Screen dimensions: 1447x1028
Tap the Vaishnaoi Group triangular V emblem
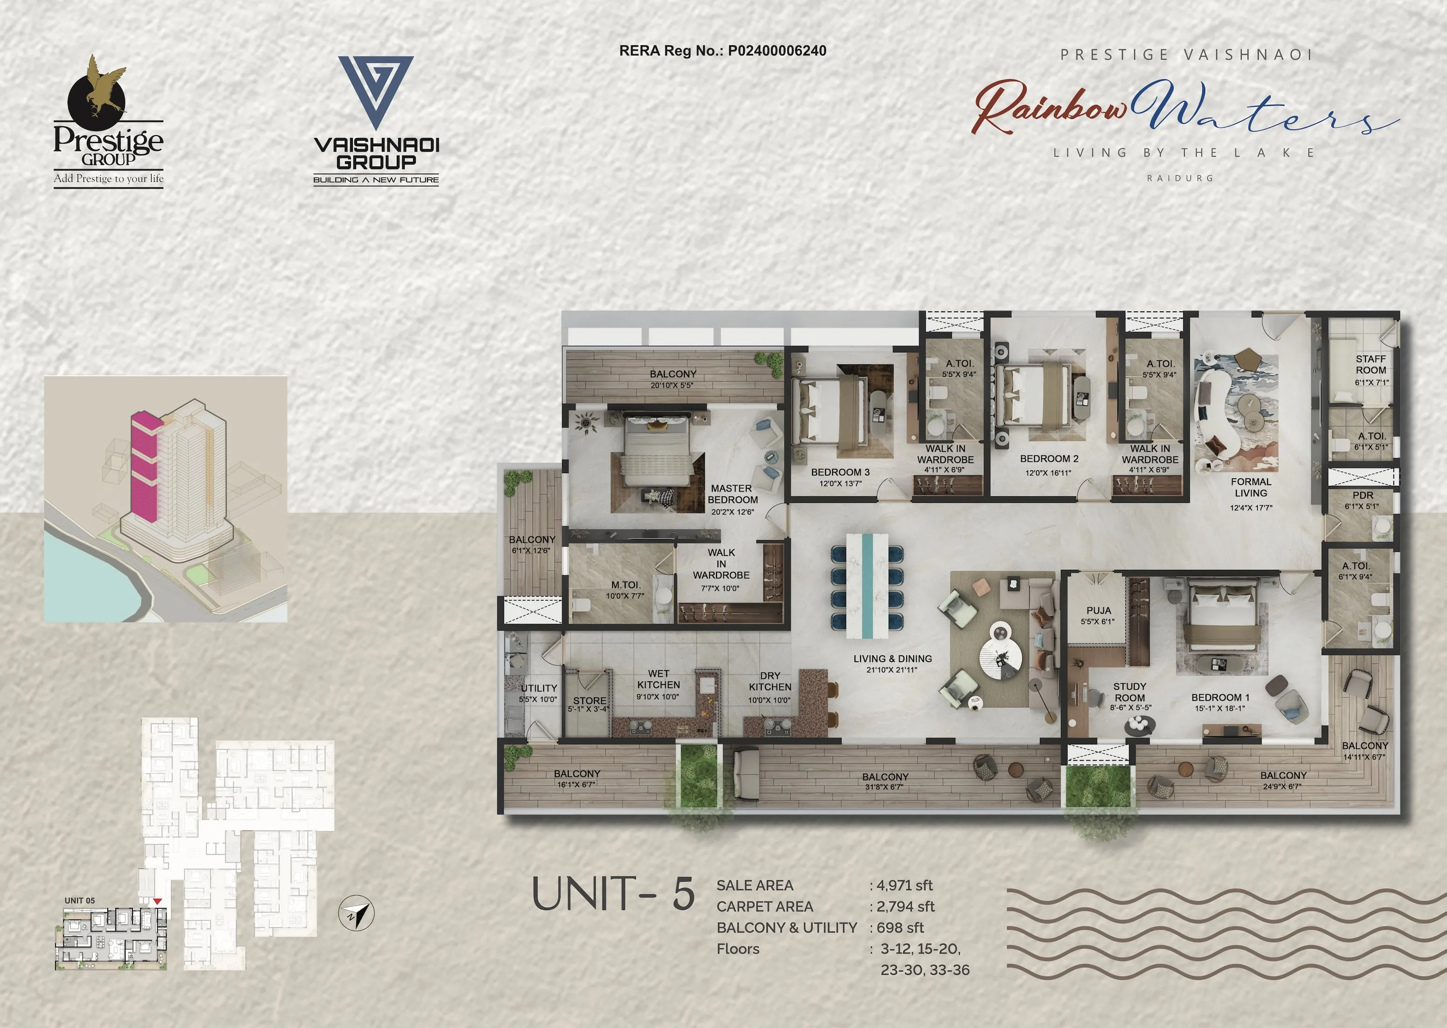(x=376, y=92)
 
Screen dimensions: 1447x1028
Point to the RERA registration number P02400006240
(x=777, y=51)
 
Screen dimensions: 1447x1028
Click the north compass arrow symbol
(x=357, y=913)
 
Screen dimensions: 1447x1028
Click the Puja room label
(x=1099, y=610)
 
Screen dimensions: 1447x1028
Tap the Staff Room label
(x=1371, y=364)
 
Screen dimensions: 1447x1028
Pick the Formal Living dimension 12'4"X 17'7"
(x=1251, y=507)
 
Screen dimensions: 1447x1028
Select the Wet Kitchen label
(x=659, y=679)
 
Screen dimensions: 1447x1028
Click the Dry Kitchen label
(x=770, y=681)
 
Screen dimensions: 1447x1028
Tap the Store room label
(x=590, y=701)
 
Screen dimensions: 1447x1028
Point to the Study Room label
(x=1130, y=692)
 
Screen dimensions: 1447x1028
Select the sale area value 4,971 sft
(x=904, y=885)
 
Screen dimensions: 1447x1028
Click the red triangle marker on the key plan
(x=157, y=901)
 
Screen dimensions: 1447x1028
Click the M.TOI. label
(x=626, y=585)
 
